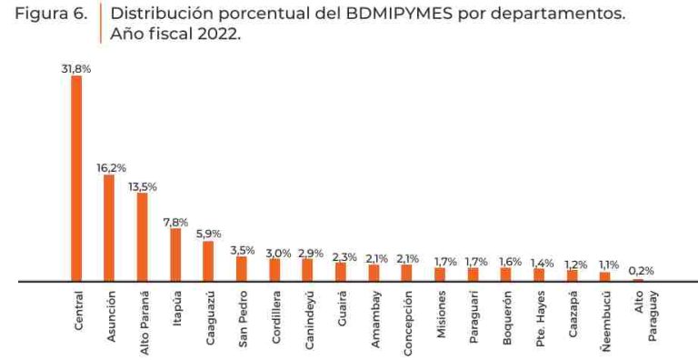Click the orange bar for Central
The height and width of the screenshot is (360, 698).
76,178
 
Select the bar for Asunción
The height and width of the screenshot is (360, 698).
109,228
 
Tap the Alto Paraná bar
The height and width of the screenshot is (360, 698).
142,237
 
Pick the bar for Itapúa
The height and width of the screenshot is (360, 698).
175,255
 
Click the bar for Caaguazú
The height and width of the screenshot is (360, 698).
208,261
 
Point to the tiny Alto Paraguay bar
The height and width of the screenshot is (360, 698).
638,280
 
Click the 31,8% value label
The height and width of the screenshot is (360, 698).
76,68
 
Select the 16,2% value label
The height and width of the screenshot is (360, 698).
111,168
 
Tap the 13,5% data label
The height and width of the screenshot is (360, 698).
143,185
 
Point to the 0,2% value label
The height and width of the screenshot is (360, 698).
640,271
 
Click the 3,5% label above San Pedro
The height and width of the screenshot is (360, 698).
242,249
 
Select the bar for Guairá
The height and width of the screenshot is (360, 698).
341,272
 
